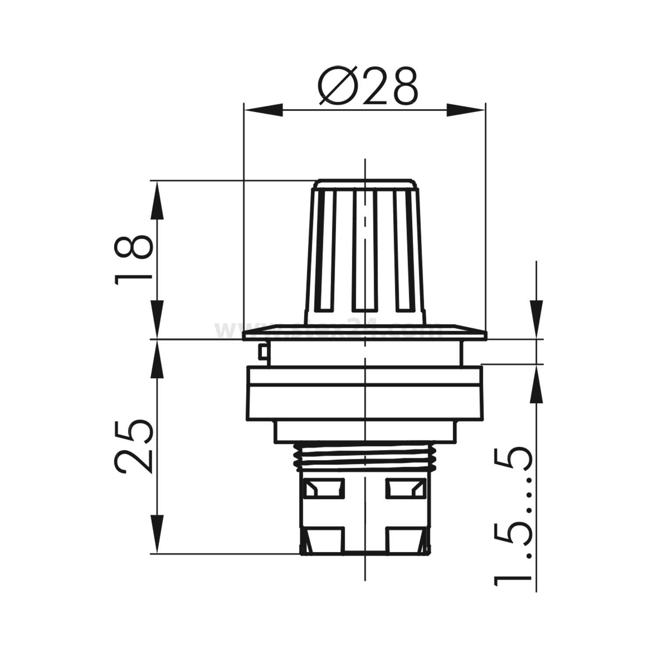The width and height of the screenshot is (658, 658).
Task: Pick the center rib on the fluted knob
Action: point(365,250)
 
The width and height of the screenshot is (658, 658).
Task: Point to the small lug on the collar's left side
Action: point(263,351)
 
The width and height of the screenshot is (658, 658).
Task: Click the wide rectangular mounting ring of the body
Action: point(365,393)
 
